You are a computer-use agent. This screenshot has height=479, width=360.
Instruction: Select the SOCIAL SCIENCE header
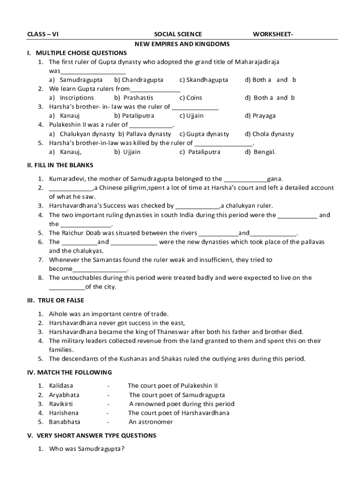coord(178,34)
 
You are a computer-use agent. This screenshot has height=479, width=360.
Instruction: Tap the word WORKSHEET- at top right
coord(274,34)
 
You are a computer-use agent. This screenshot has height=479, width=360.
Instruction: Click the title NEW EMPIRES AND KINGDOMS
coord(182,44)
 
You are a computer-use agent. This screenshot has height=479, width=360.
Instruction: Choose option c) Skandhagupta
coord(204,80)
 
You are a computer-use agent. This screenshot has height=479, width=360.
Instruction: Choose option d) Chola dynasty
coord(269,134)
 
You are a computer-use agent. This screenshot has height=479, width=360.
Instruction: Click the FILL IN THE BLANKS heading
coord(60,165)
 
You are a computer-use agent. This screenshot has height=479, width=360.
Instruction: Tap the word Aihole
coord(58,314)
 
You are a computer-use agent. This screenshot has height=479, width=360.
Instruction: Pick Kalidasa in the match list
coord(61,386)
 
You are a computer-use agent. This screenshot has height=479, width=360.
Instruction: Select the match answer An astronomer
coord(151,422)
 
